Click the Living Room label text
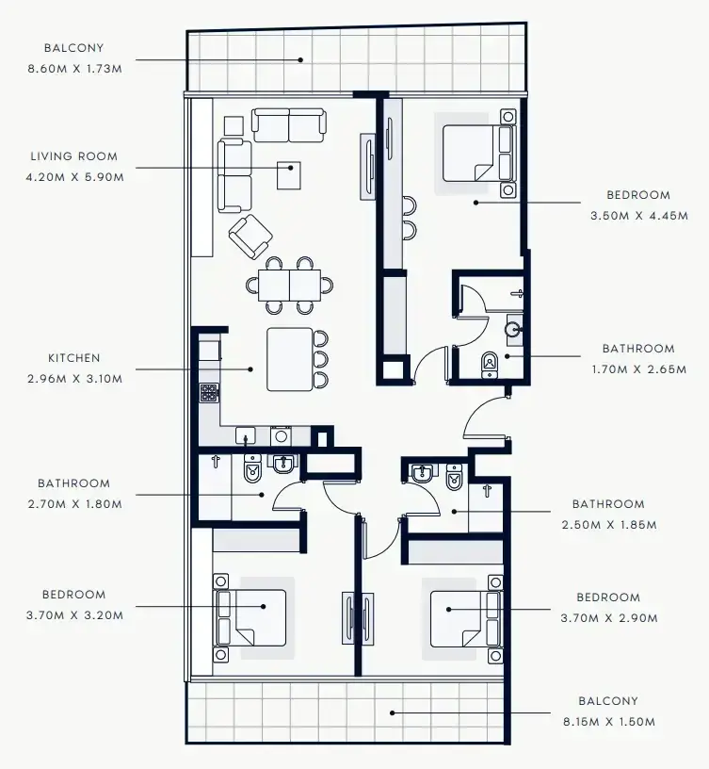pos(74,156)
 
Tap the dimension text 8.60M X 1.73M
pos(74,69)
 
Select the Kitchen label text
pos(74,358)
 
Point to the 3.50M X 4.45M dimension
pos(639,216)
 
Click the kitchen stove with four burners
pos(209,393)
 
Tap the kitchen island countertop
pos(290,359)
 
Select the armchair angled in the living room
pos(250,237)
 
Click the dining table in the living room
pos(290,285)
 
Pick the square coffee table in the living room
pos(289,175)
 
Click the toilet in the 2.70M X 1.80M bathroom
pos(253,469)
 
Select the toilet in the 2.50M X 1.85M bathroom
pos(454,477)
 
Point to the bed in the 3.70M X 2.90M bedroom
pos(466,619)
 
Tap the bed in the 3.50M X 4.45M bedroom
pos(478,153)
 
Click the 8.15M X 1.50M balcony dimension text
pos(609,722)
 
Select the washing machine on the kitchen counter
pos(281,436)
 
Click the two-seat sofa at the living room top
pos(289,125)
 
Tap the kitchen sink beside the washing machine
pos(246,435)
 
